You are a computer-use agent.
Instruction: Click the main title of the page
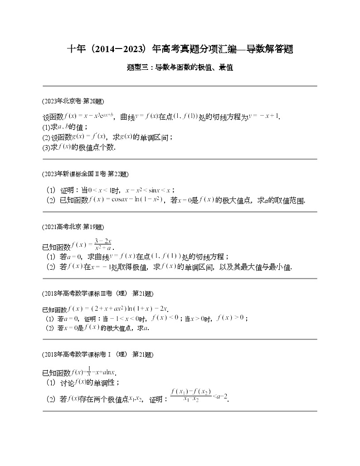180,49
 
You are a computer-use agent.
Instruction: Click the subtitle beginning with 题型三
180,68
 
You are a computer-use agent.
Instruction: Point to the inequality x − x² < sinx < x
150,190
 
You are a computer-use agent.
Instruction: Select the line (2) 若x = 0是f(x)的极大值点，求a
97,328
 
